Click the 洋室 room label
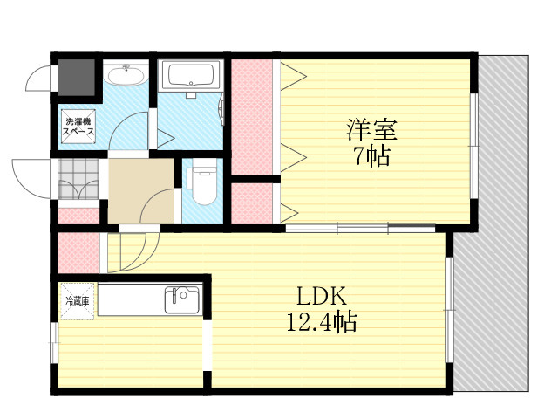372,130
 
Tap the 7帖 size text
372,156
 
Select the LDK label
322,297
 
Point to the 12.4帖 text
322,321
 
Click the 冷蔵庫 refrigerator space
78,301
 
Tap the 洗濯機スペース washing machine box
78,127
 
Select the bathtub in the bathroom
190,75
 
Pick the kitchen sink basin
182,300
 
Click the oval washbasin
126,76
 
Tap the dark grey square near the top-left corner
77,78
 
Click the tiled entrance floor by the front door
78,179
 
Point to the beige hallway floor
140,191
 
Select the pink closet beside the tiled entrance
78,216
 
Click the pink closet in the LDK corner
78,252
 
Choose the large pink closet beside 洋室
252,117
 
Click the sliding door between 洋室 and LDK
360,229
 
